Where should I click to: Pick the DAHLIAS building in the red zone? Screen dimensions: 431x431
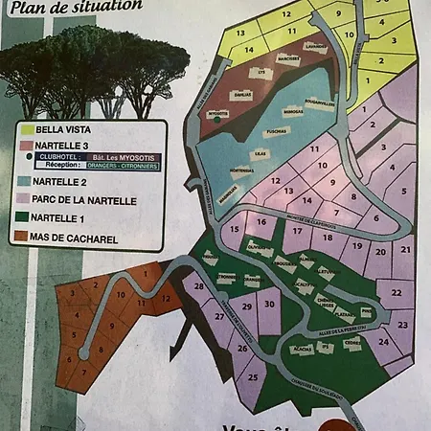click(x=242, y=95)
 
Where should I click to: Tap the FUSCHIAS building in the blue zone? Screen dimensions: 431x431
click(x=278, y=132)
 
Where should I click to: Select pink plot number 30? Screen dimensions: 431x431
click(x=269, y=304)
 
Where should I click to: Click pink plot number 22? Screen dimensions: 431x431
click(x=396, y=288)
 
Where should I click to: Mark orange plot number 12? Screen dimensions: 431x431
click(x=166, y=297)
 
